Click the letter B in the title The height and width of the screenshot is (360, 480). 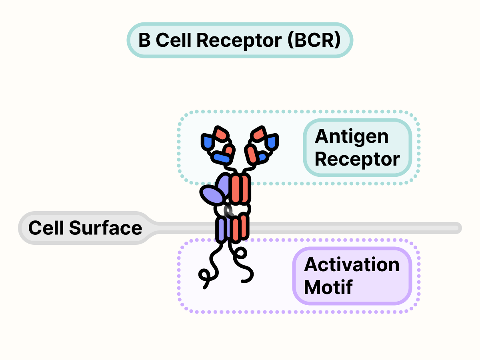click(144, 40)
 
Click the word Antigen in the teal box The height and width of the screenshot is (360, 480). click(352, 137)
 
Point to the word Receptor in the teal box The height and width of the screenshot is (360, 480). click(357, 159)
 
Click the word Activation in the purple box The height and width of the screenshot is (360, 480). click(352, 265)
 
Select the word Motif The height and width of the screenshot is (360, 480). click(328, 287)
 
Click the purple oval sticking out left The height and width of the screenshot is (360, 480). click(212, 195)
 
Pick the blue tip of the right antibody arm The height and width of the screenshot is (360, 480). click(272, 142)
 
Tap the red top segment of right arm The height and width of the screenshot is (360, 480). click(259, 133)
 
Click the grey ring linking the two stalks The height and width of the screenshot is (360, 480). click(229, 211)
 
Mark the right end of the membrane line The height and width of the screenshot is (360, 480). click(458, 228)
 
